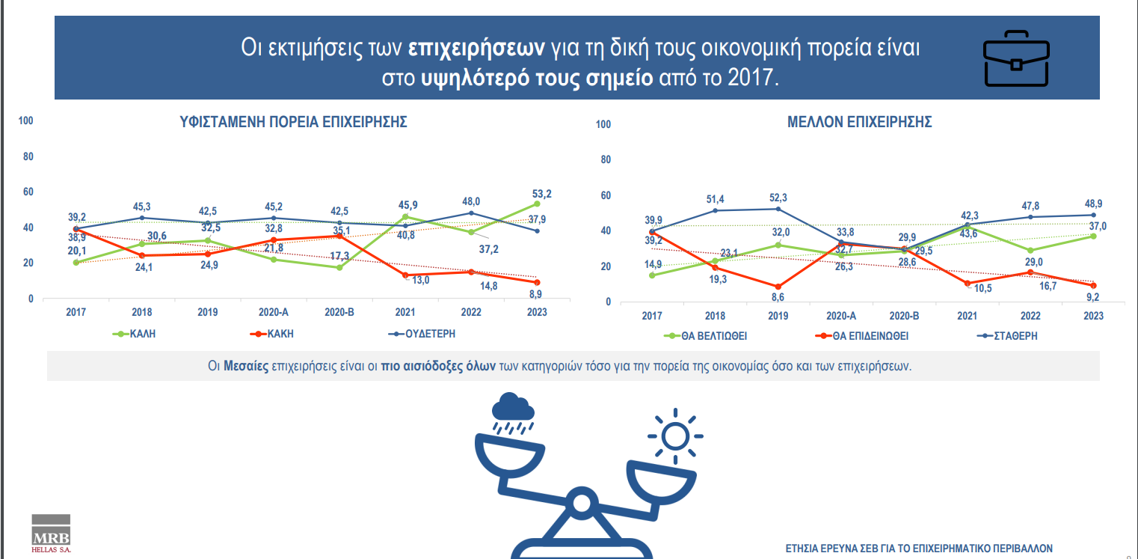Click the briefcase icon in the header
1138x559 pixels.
click(1016, 58)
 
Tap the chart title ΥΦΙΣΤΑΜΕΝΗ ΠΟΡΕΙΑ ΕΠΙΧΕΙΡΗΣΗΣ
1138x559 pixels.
click(293, 123)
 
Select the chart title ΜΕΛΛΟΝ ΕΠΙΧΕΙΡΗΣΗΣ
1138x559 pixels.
click(860, 123)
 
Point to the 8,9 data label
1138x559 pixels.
click(535, 294)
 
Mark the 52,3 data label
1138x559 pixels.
click(779, 197)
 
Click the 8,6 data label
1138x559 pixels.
click(779, 298)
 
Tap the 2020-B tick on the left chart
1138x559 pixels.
click(339, 312)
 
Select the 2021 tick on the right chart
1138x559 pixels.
click(967, 316)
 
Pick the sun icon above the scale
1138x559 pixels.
click(675, 435)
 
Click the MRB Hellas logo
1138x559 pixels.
click(51, 534)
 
